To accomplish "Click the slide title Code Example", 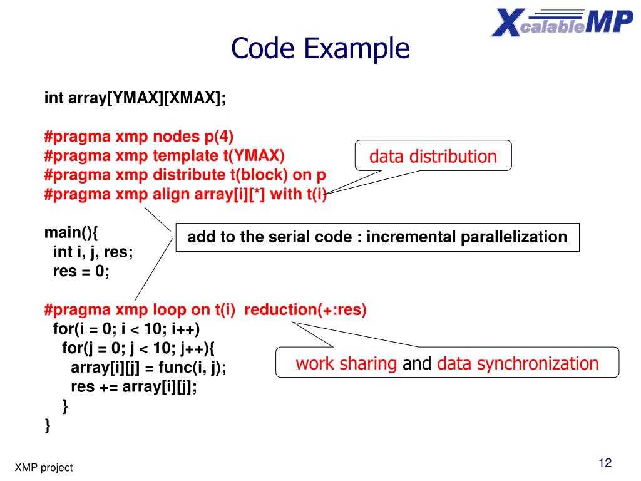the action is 320,48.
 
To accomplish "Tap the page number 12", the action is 604,463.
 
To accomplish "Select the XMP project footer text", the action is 44,467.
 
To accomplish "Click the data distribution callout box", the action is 433,156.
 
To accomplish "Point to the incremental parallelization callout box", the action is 377,237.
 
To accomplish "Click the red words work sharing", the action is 346,363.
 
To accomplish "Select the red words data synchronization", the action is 518,363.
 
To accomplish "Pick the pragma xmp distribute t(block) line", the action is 185,175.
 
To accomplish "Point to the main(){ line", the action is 71,233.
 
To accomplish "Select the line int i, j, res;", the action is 93,252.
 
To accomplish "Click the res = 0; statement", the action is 81,271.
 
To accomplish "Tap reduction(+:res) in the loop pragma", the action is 305,309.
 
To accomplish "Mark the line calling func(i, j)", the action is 148,367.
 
